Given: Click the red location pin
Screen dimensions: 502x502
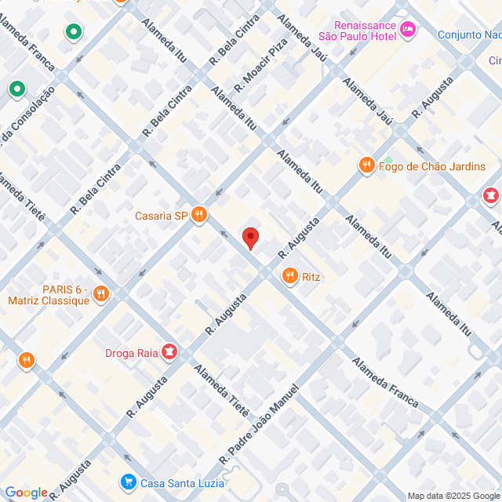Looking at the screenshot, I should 250,238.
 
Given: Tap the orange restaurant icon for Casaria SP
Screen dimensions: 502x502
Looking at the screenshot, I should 199,215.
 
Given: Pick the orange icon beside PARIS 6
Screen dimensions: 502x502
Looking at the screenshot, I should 100,295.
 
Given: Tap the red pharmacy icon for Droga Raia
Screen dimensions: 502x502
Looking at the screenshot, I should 168,352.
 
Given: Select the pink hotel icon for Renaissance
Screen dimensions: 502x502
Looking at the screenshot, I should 407,30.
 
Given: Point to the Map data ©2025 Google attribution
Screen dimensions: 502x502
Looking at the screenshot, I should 453,496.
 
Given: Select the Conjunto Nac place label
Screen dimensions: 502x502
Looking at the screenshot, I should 469,35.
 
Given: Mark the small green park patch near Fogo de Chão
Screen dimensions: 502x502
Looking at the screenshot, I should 387,159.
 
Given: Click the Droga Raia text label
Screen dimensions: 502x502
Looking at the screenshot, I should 131,352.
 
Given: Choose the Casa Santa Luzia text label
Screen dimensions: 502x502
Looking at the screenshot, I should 182,482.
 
